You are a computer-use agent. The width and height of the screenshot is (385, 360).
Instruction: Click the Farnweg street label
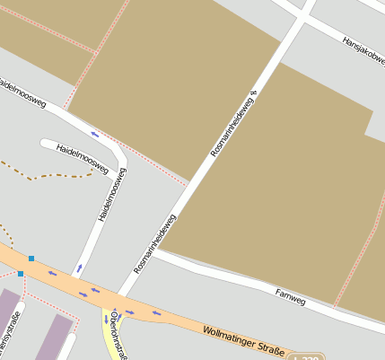click(291, 296)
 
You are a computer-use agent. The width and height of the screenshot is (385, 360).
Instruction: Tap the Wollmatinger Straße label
click(243, 342)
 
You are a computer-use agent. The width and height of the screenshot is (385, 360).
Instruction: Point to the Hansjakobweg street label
click(363, 50)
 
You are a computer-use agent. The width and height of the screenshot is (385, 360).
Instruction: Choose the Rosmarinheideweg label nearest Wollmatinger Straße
click(155, 243)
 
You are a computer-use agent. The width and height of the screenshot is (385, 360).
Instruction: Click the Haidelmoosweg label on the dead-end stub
click(82, 158)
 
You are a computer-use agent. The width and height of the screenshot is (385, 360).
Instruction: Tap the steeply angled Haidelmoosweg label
click(112, 194)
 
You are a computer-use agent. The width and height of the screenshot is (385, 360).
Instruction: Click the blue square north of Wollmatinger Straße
click(31, 259)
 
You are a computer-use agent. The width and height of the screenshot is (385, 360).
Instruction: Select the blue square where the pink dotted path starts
click(21, 273)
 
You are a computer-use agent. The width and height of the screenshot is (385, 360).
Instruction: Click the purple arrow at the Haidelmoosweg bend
click(95, 136)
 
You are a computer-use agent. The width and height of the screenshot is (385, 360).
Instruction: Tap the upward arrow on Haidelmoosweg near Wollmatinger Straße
click(79, 268)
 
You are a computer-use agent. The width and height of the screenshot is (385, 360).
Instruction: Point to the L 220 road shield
click(308, 357)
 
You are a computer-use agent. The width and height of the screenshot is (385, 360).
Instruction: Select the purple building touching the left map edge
click(7, 319)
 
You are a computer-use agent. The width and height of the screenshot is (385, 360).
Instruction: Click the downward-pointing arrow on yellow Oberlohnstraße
click(106, 320)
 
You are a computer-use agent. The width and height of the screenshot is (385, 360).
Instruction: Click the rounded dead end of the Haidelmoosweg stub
click(44, 143)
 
